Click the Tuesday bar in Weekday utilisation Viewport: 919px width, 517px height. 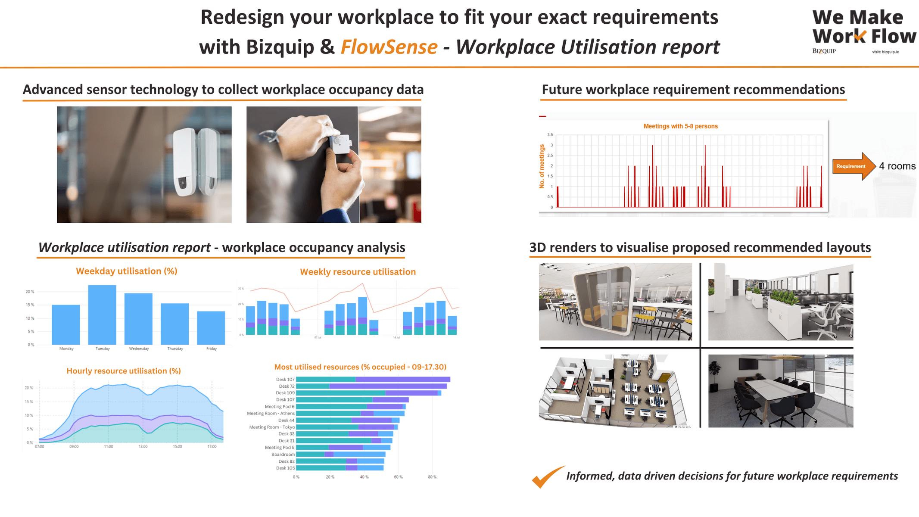(102, 315)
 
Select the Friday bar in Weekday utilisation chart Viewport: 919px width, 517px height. (211, 327)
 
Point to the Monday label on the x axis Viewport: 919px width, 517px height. (66, 349)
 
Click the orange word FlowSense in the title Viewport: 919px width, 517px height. (389, 47)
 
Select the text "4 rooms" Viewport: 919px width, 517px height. (897, 166)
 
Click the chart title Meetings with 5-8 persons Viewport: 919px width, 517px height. (680, 126)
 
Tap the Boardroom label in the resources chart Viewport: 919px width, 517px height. (283, 455)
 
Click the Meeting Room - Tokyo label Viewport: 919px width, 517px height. (272, 427)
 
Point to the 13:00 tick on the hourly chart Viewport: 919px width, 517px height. (143, 447)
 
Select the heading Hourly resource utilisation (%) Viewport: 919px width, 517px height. (124, 371)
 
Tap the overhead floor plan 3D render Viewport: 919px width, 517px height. (614, 391)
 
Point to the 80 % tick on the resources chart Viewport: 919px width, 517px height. (432, 477)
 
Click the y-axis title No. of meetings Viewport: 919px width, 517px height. (542, 166)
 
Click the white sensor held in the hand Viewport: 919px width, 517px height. (340, 143)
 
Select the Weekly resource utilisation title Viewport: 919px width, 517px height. (358, 272)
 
